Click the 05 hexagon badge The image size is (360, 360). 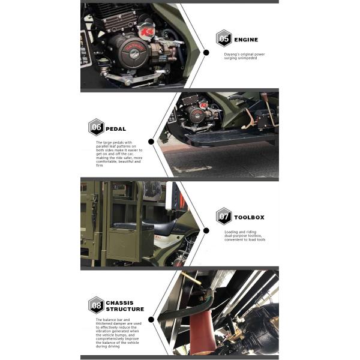[x=224, y=38]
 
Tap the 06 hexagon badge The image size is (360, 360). [x=96, y=127]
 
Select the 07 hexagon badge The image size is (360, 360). [x=224, y=216]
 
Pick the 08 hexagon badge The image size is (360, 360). [x=96, y=305]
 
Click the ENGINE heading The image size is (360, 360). [x=246, y=40]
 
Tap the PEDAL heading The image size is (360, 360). [x=116, y=129]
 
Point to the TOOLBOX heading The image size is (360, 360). [x=250, y=217]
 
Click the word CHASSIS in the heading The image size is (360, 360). [x=119, y=303]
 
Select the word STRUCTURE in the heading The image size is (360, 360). [x=125, y=309]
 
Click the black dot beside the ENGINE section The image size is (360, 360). [x=206, y=53]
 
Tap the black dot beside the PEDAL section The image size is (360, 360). [x=151, y=142]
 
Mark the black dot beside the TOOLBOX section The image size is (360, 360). [x=206, y=230]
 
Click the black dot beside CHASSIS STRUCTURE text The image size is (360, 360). [x=151, y=319]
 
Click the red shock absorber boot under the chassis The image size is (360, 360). [x=203, y=331]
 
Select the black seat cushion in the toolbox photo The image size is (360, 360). [x=158, y=226]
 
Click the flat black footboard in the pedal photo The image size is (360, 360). [x=230, y=137]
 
